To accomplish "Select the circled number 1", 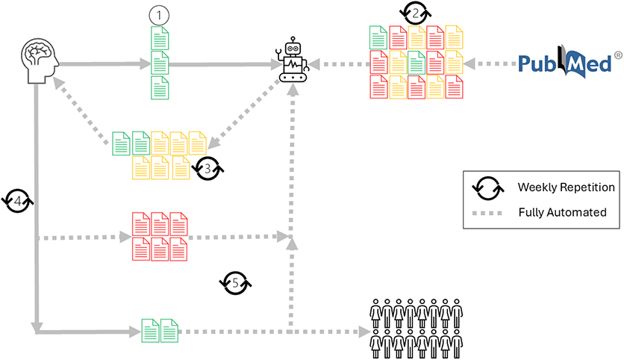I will (x=159, y=14).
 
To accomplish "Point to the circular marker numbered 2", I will (x=415, y=13).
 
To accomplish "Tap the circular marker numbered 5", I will (x=235, y=282).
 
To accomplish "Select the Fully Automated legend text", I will (x=562, y=212).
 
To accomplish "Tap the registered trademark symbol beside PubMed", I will (x=617, y=55).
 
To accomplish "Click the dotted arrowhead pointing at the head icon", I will (x=66, y=87).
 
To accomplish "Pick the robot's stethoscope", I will (x=281, y=55).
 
